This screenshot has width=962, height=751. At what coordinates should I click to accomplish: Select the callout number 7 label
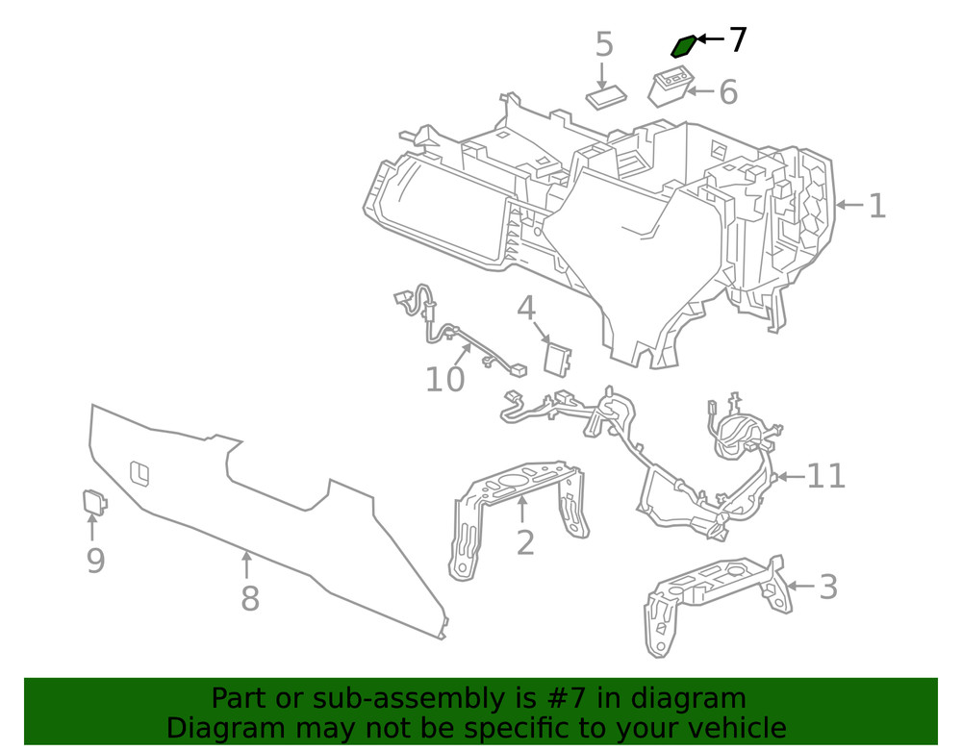tap(737, 40)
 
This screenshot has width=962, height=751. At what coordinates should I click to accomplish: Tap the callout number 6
tap(728, 92)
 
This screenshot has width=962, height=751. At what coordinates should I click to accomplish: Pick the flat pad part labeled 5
tap(606, 97)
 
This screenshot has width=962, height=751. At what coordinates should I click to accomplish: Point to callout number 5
tap(603, 44)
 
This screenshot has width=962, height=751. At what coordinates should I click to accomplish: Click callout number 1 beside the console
tap(876, 206)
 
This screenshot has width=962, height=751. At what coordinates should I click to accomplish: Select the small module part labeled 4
tap(557, 357)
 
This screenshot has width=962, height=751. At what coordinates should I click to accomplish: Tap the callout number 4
tap(525, 309)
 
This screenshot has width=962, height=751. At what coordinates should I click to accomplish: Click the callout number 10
tap(444, 380)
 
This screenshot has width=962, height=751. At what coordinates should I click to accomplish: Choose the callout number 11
tap(825, 476)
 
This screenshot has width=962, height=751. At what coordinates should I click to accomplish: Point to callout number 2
tap(524, 542)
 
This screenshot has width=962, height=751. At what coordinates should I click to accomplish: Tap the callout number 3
tap(827, 587)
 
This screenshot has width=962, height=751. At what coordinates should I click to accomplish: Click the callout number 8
tap(249, 599)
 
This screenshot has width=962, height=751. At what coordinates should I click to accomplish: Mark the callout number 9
tap(95, 561)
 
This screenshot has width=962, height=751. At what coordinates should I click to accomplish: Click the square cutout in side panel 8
tap(139, 472)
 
